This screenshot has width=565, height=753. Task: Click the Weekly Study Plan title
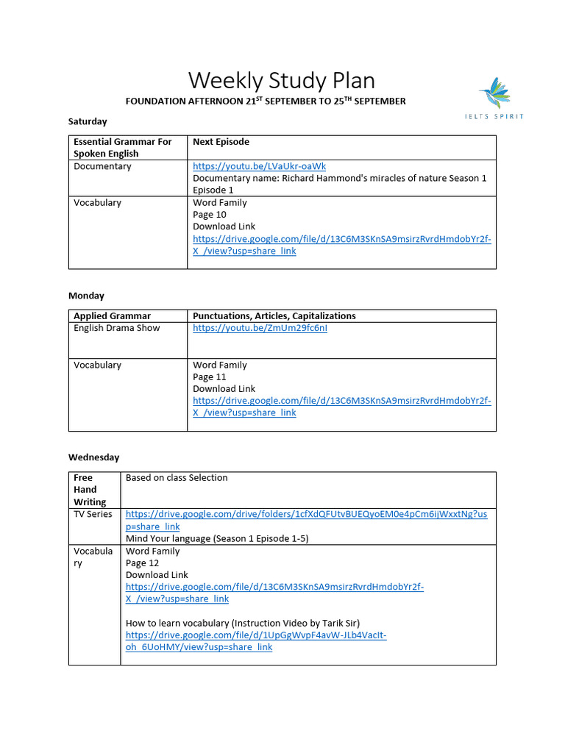pyautogui.click(x=282, y=80)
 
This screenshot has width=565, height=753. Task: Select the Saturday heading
pyautogui.click(x=88, y=121)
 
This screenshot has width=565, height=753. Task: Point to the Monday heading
pyautogui.click(x=86, y=296)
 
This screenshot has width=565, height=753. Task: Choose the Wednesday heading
pyautogui.click(x=93, y=457)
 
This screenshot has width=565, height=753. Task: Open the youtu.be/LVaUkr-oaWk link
pyautogui.click(x=259, y=166)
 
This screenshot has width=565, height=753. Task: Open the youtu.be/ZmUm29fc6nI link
pyautogui.click(x=260, y=328)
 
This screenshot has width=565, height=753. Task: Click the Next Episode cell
pyautogui.click(x=221, y=142)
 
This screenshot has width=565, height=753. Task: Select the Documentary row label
pyautogui.click(x=102, y=166)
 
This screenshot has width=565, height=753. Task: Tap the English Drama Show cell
pyautogui.click(x=116, y=328)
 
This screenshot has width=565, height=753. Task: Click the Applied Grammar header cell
pyautogui.click(x=112, y=316)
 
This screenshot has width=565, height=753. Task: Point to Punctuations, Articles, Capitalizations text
pyautogui.click(x=274, y=316)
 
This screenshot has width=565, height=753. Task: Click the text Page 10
pyautogui.click(x=210, y=215)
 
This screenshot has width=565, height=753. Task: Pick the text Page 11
pyautogui.click(x=210, y=377)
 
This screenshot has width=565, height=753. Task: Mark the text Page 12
pyautogui.click(x=143, y=563)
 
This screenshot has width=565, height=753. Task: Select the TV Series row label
pyautogui.click(x=93, y=514)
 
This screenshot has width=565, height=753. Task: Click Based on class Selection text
pyautogui.click(x=177, y=478)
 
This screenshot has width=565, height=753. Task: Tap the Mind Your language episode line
pyautogui.click(x=217, y=538)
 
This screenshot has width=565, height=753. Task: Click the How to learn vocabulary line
pyautogui.click(x=243, y=623)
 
